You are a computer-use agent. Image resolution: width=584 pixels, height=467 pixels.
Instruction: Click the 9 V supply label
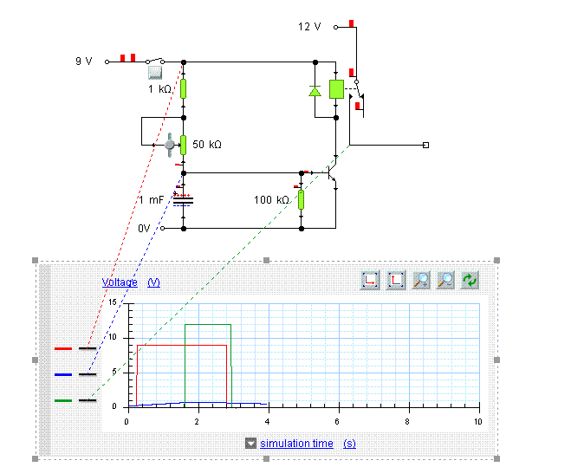[83, 62]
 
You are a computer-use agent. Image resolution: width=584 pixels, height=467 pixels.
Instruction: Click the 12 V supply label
[309, 27]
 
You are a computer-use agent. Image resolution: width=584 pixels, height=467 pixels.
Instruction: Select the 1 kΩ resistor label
[160, 89]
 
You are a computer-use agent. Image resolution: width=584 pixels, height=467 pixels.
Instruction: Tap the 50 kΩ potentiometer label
[206, 145]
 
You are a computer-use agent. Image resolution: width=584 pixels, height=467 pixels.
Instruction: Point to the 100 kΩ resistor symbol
[302, 200]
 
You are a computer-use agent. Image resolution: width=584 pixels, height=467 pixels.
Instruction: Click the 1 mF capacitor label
[151, 200]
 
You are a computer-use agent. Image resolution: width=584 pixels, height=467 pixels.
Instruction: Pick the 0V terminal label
[145, 229]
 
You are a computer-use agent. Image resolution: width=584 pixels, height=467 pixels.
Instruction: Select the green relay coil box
[336, 88]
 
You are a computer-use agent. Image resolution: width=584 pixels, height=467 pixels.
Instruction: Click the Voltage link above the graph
[120, 282]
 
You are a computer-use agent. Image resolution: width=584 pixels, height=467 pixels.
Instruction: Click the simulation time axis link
[296, 444]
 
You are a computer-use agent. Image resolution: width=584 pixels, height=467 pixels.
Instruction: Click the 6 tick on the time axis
[338, 420]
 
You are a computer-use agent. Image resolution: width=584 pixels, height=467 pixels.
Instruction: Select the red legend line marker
[63, 348]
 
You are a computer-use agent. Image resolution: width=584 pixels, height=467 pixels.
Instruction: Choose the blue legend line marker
[63, 374]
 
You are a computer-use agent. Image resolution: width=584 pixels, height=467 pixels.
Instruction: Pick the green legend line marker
[63, 400]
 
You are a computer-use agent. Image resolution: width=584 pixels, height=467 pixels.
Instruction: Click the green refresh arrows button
[470, 280]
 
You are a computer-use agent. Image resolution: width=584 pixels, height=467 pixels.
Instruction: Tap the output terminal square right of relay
[425, 145]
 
